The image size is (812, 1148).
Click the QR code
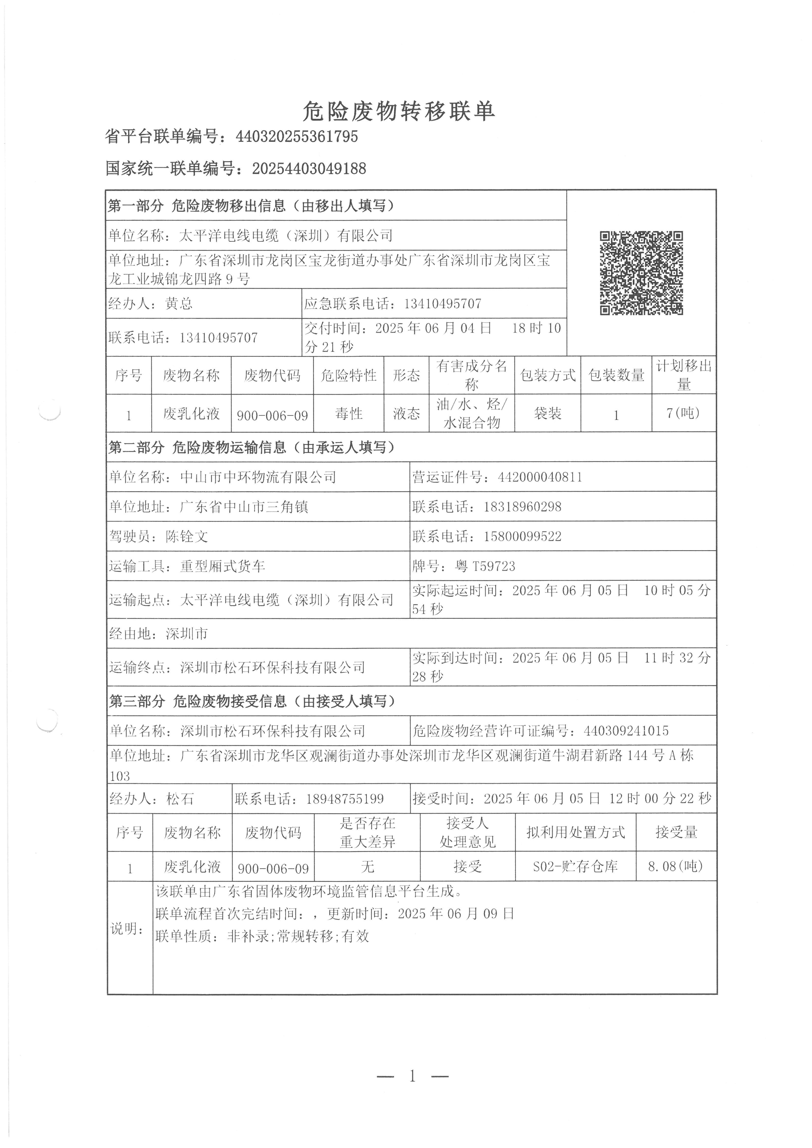point(641,273)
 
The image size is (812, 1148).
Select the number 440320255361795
point(297,136)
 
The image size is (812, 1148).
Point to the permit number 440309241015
point(626,731)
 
